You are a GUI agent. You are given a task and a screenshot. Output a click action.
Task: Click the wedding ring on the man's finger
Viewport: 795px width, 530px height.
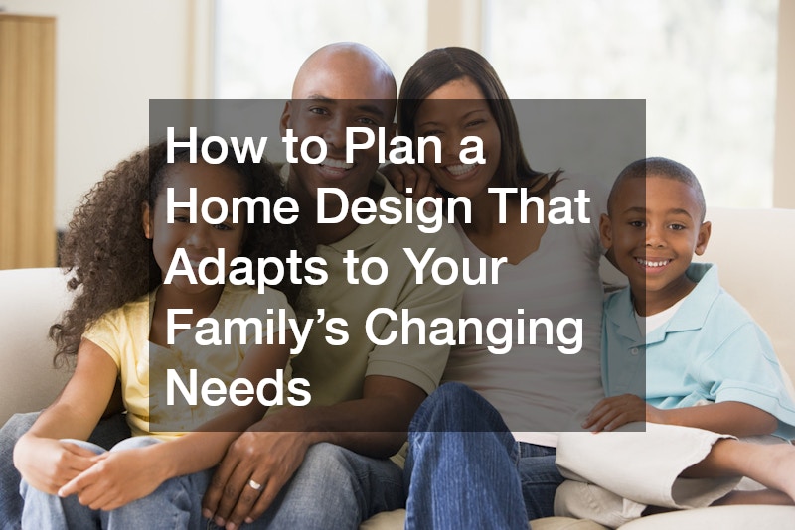pyautogui.click(x=254, y=486)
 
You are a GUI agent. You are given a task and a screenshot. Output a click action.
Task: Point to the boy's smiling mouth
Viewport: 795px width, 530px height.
pyautogui.click(x=654, y=264)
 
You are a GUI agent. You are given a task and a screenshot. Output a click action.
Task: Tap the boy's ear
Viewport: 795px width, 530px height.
pyautogui.click(x=703, y=238)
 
